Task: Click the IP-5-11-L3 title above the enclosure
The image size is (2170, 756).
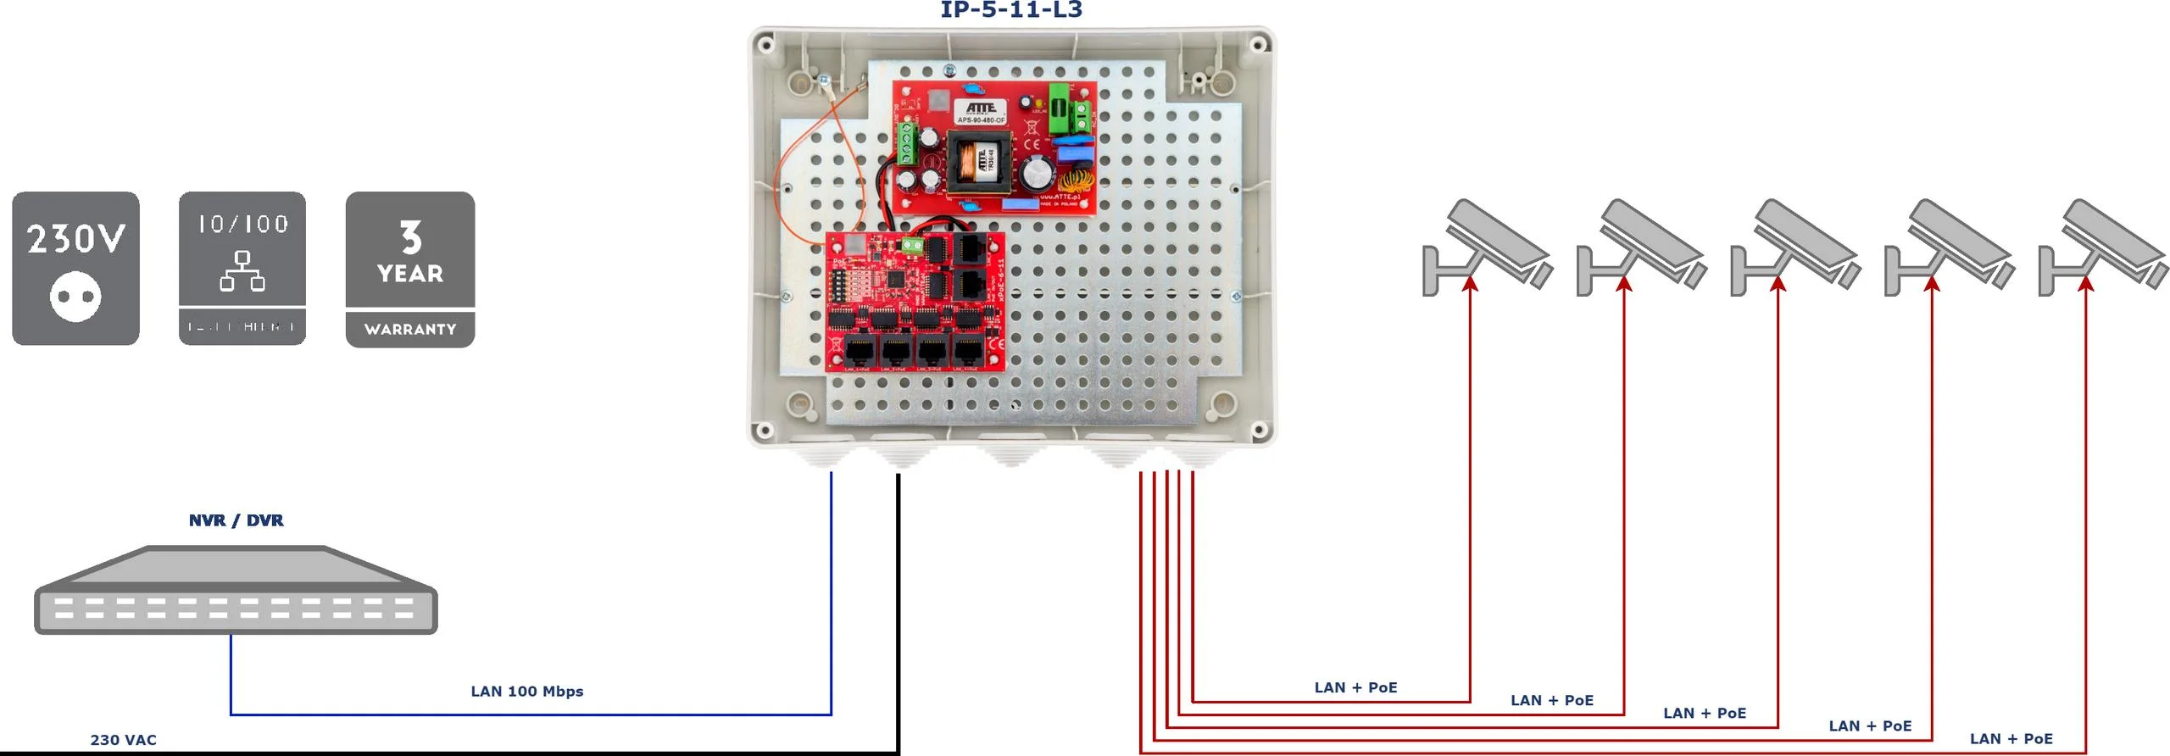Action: coord(1011,10)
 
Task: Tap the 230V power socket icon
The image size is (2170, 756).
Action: coord(75,268)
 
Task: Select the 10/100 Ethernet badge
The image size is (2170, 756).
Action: coord(242,268)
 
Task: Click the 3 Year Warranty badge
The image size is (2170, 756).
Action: coord(410,269)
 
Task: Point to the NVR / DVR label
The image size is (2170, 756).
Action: coord(236,520)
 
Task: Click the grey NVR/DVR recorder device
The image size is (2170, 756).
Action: coord(236,591)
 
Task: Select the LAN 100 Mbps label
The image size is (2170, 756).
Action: coord(526,692)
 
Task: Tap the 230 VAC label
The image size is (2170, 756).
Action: coord(123,740)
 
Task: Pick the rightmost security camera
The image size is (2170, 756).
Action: coord(2102,246)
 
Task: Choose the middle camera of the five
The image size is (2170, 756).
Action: coord(1794,246)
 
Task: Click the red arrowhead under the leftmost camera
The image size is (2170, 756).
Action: coord(1470,283)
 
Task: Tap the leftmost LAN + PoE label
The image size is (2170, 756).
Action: coord(1355,687)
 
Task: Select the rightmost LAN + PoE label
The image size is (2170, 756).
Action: coord(2011,739)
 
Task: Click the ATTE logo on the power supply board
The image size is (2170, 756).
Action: coord(981,108)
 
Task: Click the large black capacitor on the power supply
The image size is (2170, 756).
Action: coord(1038,175)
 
